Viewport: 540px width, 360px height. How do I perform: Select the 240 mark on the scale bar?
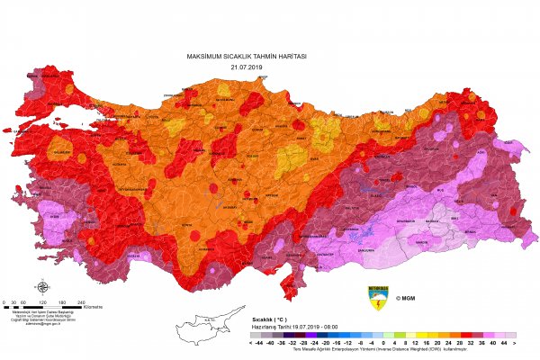point(81,302)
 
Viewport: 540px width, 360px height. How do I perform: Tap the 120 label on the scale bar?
point(42,302)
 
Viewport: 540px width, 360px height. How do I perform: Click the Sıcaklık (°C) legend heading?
point(268,319)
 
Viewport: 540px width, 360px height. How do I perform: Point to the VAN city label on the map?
point(490,183)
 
